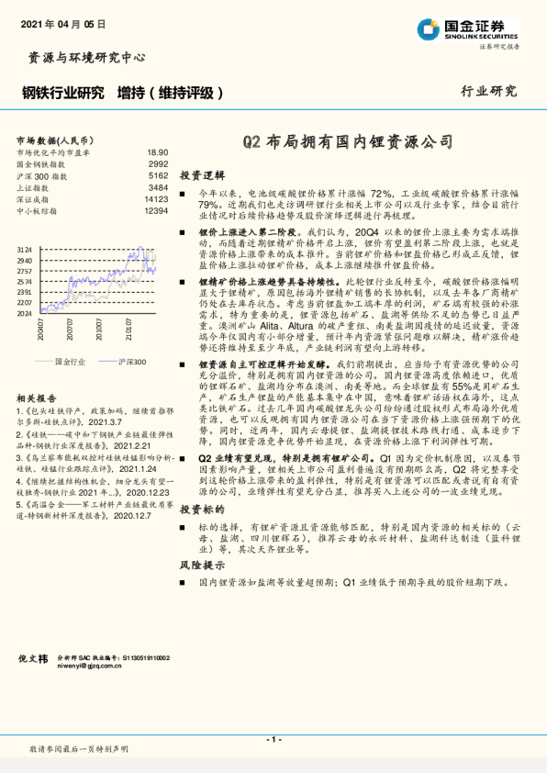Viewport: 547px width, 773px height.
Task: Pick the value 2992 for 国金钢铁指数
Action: click(x=158, y=163)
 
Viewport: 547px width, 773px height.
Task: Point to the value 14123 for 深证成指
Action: click(x=156, y=198)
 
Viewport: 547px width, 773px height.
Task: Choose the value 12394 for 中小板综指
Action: click(x=156, y=210)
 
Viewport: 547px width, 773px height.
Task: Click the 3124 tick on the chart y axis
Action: click(x=25, y=250)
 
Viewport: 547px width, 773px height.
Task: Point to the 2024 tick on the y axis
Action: click(x=25, y=313)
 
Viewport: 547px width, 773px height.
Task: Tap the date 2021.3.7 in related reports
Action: click(x=104, y=424)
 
